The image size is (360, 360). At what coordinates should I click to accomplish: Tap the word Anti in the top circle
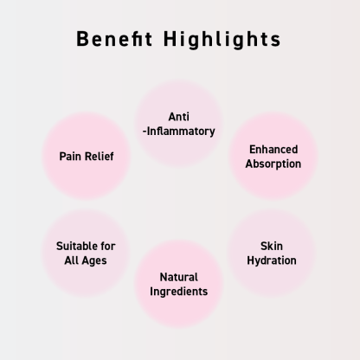click(x=179, y=117)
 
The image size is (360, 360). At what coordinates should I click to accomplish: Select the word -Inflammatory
click(x=179, y=132)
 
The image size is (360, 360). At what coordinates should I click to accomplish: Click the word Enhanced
click(x=273, y=150)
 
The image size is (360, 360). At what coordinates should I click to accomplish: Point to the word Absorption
click(x=273, y=164)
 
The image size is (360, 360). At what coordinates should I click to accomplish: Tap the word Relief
click(x=100, y=157)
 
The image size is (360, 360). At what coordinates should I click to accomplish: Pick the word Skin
click(x=272, y=246)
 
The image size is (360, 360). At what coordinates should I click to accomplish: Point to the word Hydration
click(x=272, y=260)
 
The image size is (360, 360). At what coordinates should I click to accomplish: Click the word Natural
click(x=178, y=277)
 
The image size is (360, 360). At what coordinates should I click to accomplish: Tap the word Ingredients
click(x=178, y=292)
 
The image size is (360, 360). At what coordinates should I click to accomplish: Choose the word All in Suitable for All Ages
click(x=72, y=260)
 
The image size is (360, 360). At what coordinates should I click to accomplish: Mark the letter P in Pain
click(x=62, y=157)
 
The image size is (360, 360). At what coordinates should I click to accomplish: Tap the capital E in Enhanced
click(x=252, y=150)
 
